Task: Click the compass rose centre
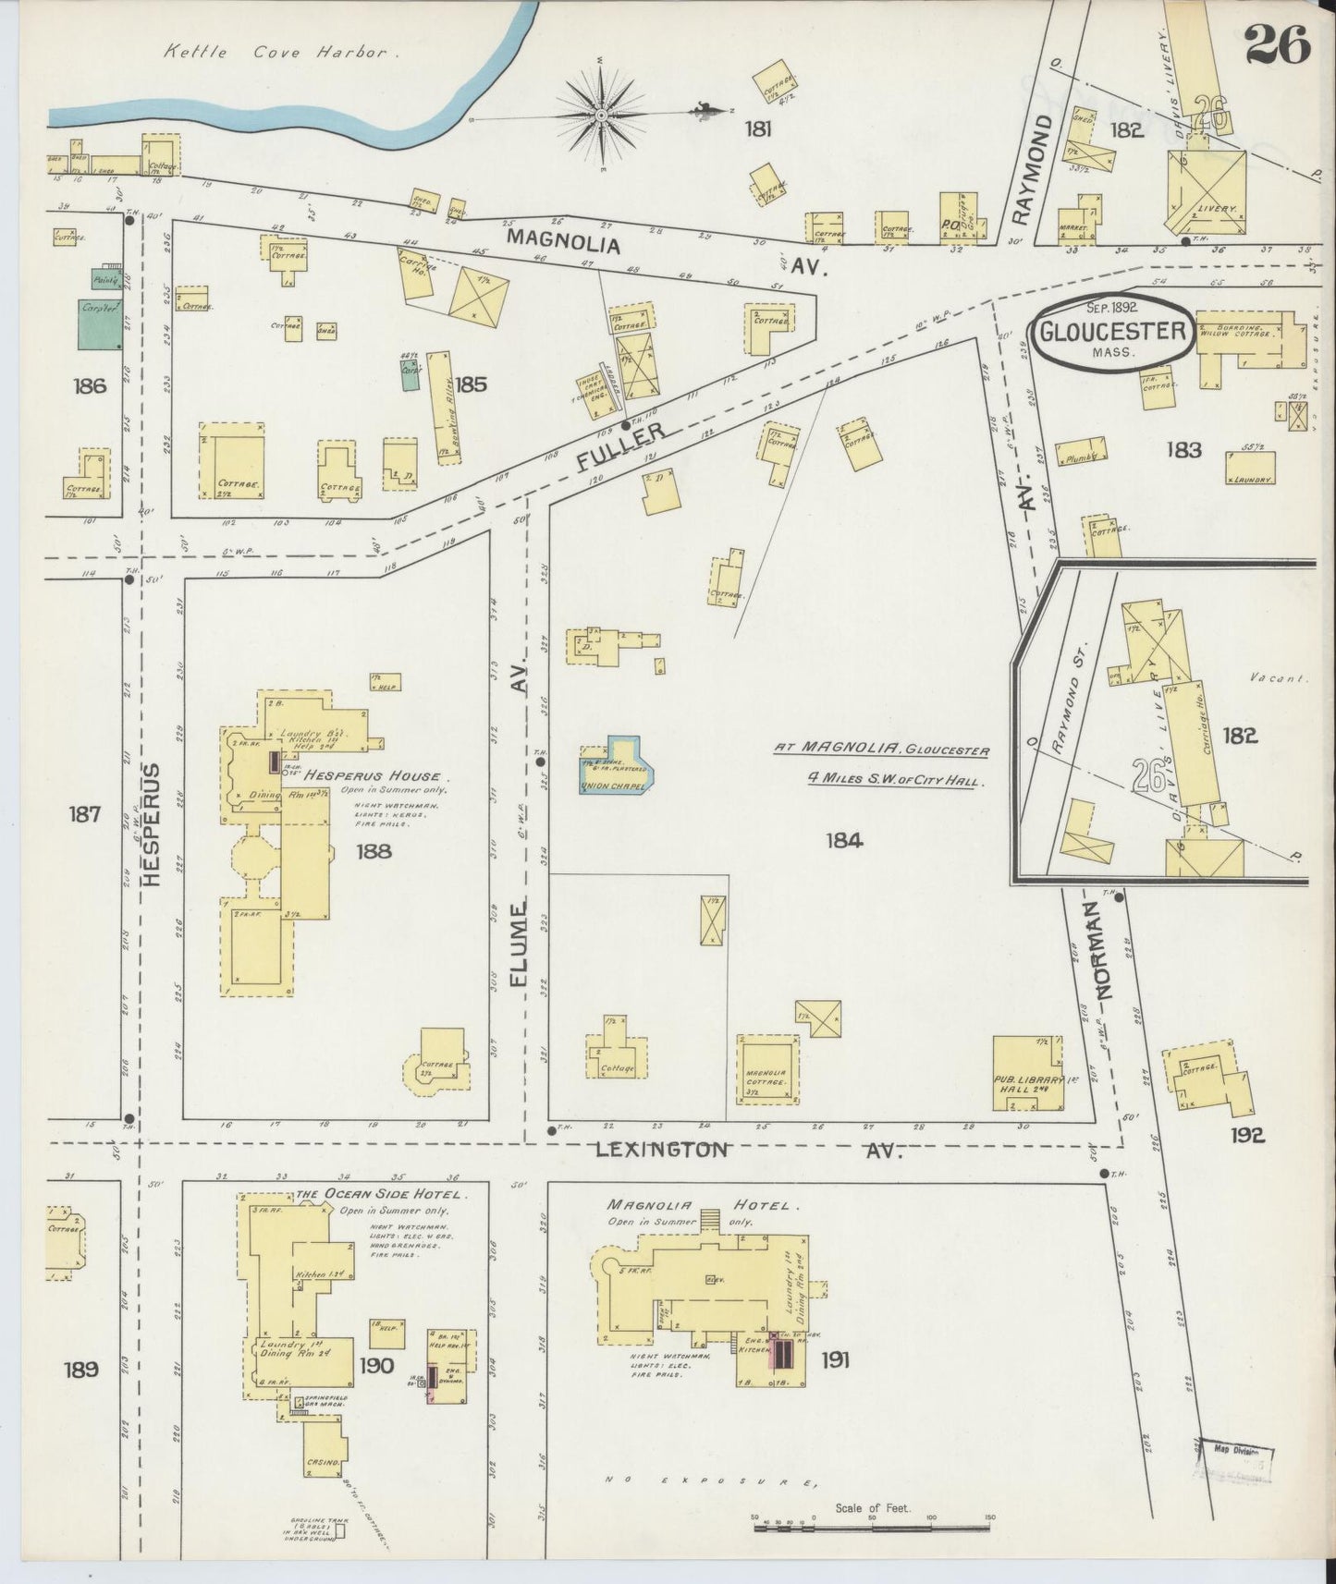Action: tap(600, 115)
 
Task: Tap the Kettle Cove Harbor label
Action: tap(275, 53)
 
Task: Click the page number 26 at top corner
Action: tap(1278, 43)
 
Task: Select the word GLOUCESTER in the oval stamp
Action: tap(1112, 331)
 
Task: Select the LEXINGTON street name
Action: tap(661, 1150)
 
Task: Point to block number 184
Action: tap(844, 839)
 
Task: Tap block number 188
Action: tap(374, 850)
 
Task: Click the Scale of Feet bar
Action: tap(872, 1528)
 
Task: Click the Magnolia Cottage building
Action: tap(766, 1068)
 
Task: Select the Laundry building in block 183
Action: tap(1251, 469)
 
